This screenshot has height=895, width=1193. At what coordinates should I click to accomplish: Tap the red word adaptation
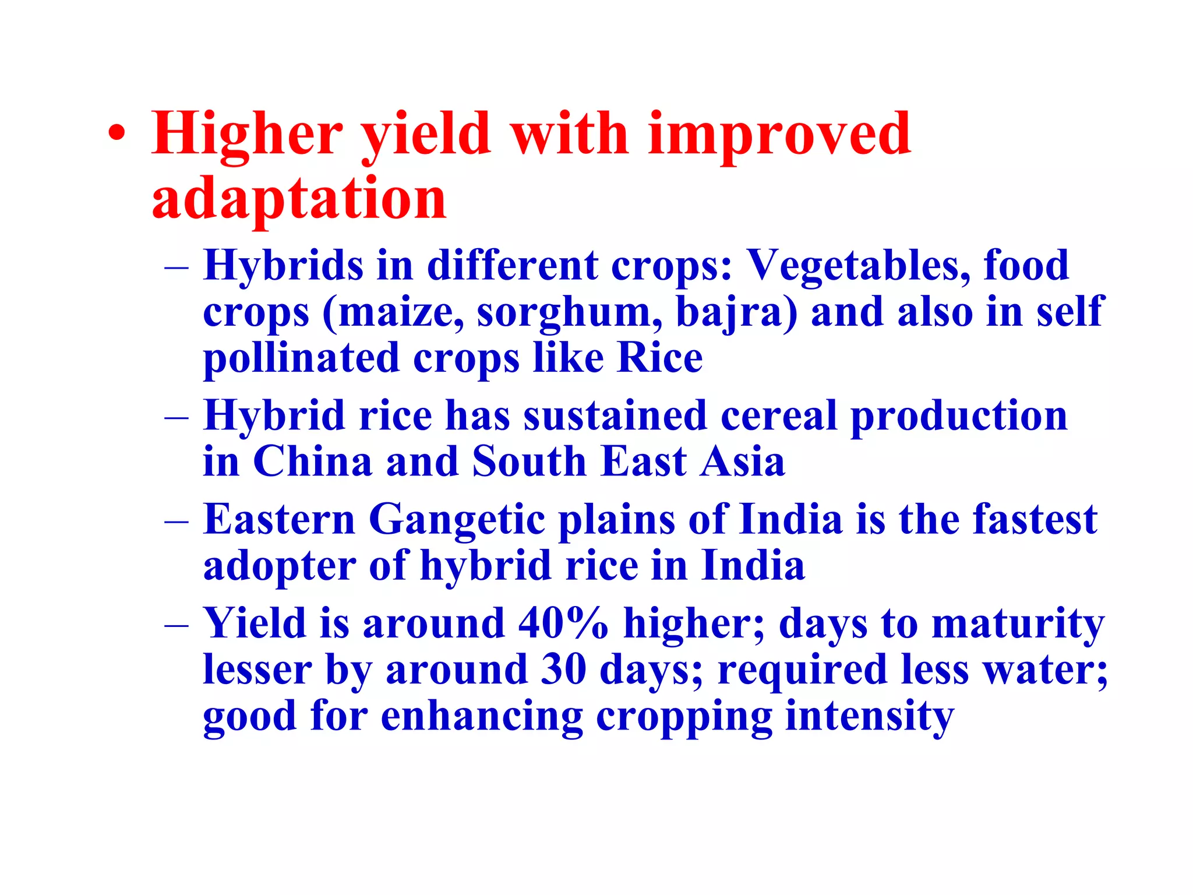point(299,199)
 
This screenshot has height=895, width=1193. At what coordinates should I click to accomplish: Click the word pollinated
point(301,358)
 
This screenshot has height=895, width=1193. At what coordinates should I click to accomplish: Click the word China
point(312,461)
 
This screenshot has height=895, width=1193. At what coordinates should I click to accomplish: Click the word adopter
point(279,566)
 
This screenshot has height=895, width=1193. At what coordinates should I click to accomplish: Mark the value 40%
point(563,623)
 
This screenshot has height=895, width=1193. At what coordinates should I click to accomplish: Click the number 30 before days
point(563,670)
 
